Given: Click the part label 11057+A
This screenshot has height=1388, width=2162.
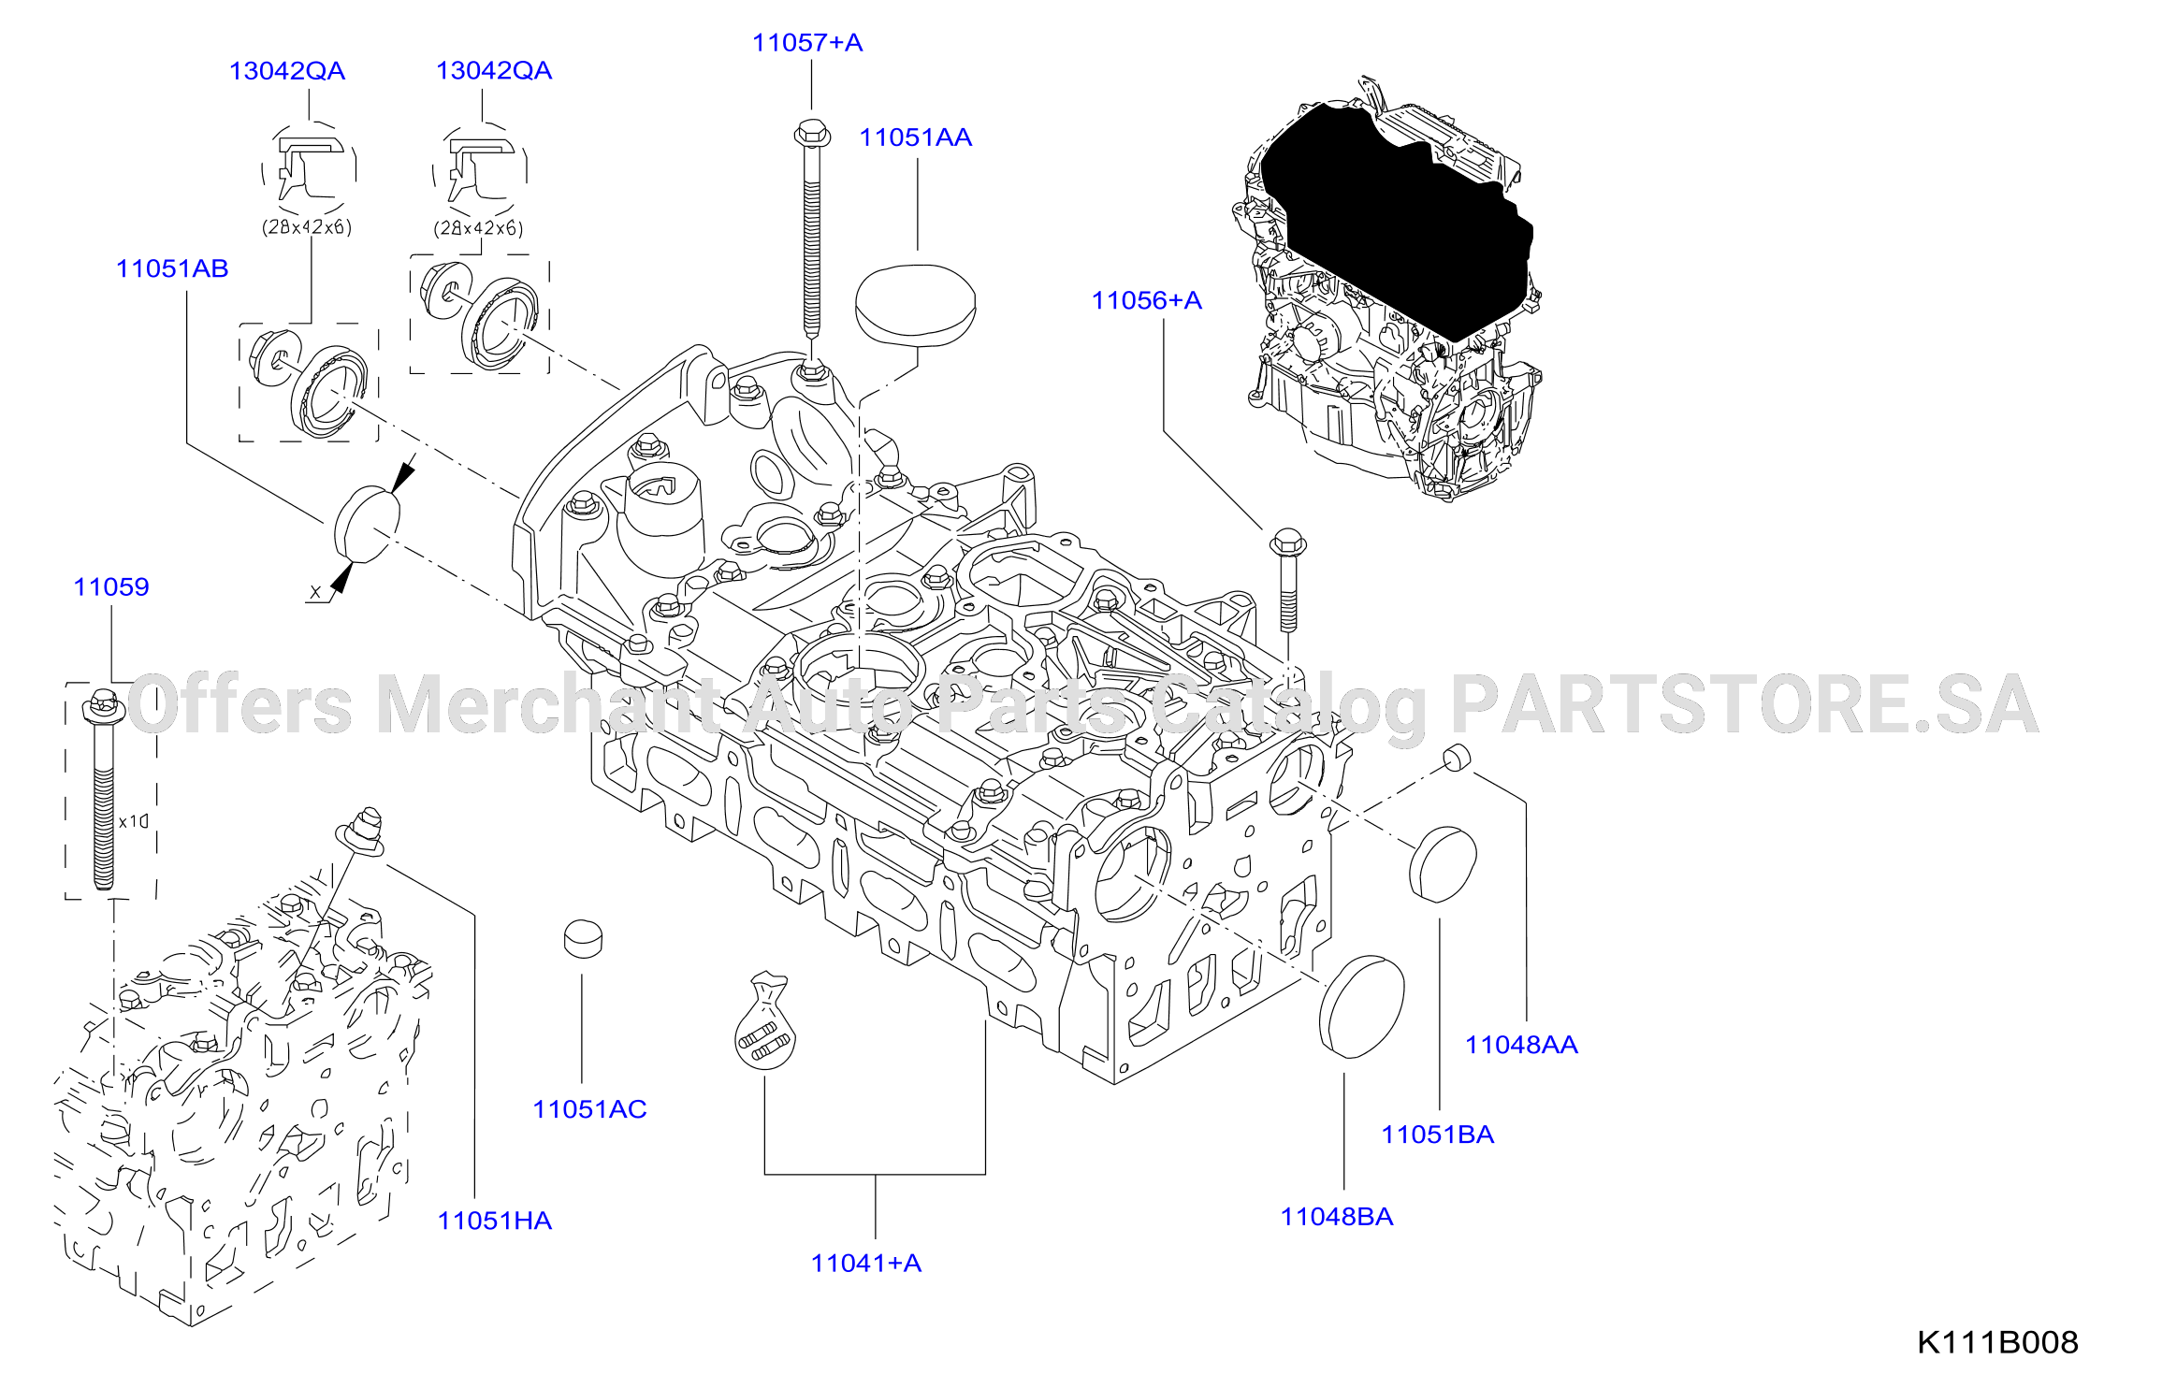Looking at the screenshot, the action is pyautogui.click(x=807, y=43).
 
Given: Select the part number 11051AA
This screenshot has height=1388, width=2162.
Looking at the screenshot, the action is pyautogui.click(x=916, y=137).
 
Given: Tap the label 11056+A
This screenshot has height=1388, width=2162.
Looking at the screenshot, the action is pyautogui.click(x=1147, y=300).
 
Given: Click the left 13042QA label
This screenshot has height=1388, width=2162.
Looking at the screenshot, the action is pyautogui.click(x=287, y=71).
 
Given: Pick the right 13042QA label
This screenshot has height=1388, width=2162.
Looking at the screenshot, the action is pyautogui.click(x=494, y=70).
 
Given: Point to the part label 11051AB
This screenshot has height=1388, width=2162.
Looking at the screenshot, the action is pyautogui.click(x=172, y=268).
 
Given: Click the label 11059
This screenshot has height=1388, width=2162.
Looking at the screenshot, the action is pyautogui.click(x=111, y=586).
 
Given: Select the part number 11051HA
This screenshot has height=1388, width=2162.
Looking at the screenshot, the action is pyautogui.click(x=495, y=1221).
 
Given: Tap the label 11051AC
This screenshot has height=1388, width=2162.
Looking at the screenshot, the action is pyautogui.click(x=590, y=1109).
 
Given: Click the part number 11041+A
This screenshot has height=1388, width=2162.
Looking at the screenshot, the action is pyautogui.click(x=866, y=1263).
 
